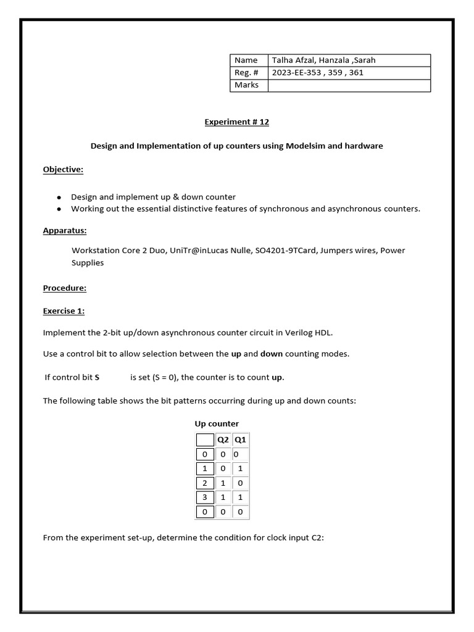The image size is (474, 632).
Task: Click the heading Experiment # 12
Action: click(237, 122)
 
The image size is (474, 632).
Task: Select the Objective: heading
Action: click(63, 170)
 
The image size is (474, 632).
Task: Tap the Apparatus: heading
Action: click(64, 230)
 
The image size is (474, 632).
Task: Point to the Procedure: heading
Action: click(64, 288)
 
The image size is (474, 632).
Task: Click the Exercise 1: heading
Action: click(64, 310)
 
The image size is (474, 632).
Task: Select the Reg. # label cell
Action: click(245, 73)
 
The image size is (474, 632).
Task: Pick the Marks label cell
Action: click(247, 85)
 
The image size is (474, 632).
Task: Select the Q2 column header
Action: click(222, 440)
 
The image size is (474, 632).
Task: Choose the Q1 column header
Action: click(240, 440)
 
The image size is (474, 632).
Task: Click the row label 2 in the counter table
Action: click(204, 483)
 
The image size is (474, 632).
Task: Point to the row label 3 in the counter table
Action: click(204, 497)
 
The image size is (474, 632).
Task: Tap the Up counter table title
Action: click(217, 423)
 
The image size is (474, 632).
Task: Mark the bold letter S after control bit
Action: click(97, 377)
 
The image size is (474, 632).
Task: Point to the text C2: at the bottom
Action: click(317, 538)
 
